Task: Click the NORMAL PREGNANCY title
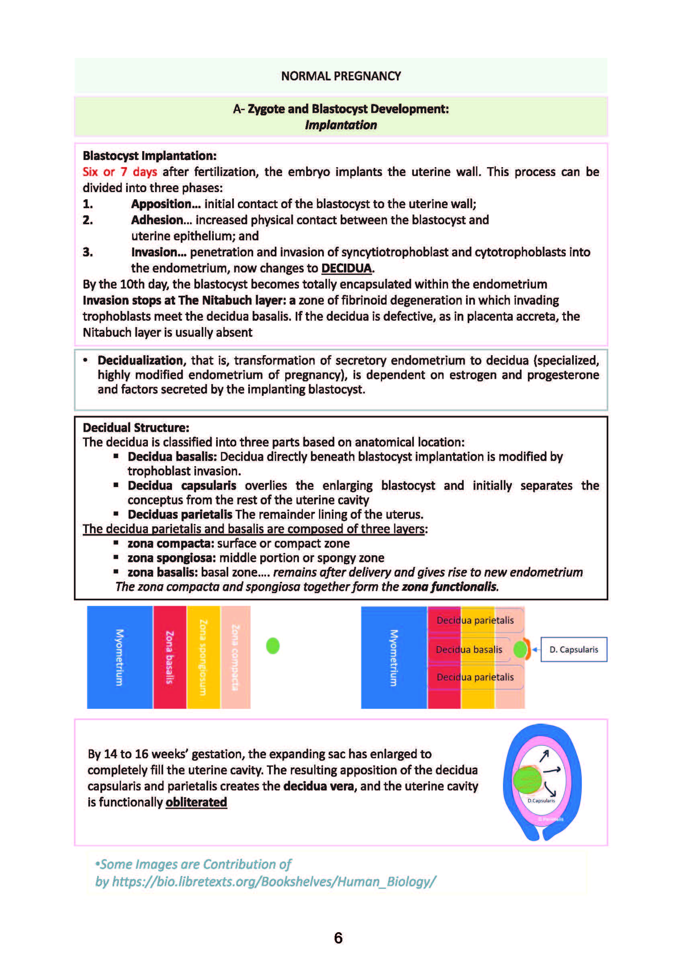(x=340, y=76)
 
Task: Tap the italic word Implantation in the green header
(x=340, y=125)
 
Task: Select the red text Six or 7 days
(x=119, y=172)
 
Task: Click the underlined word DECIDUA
(x=347, y=268)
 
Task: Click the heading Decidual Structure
(x=135, y=428)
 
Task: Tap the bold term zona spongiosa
(x=172, y=558)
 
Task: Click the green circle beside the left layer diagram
(x=273, y=646)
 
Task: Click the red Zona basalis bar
(x=170, y=657)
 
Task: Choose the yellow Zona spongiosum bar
(x=203, y=657)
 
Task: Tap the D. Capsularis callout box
(x=573, y=650)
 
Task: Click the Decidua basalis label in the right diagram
(x=469, y=650)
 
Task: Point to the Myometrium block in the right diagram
(x=394, y=657)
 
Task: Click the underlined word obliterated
(x=196, y=802)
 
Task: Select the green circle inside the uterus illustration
(x=527, y=780)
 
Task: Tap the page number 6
(x=338, y=938)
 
